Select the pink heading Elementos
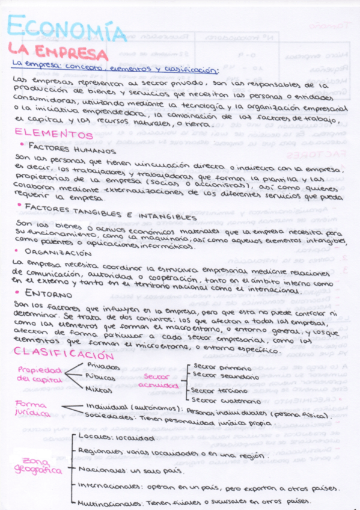pyautogui.click(x=55, y=133)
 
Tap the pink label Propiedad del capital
pyautogui.click(x=39, y=374)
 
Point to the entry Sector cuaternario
pyautogui.click(x=222, y=399)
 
